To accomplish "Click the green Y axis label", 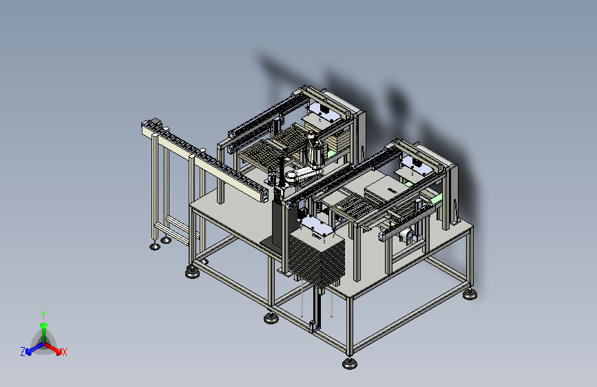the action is coord(43,315).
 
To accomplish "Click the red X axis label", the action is coord(64,353).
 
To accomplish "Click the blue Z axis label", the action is coord(23,352).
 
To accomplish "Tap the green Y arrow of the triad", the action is coord(44,332).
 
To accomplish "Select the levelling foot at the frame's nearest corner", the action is coord(350,364).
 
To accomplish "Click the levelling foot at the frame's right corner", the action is coord(470,294).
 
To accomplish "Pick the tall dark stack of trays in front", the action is coord(317,259).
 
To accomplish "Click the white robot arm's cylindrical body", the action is coord(315,151).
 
